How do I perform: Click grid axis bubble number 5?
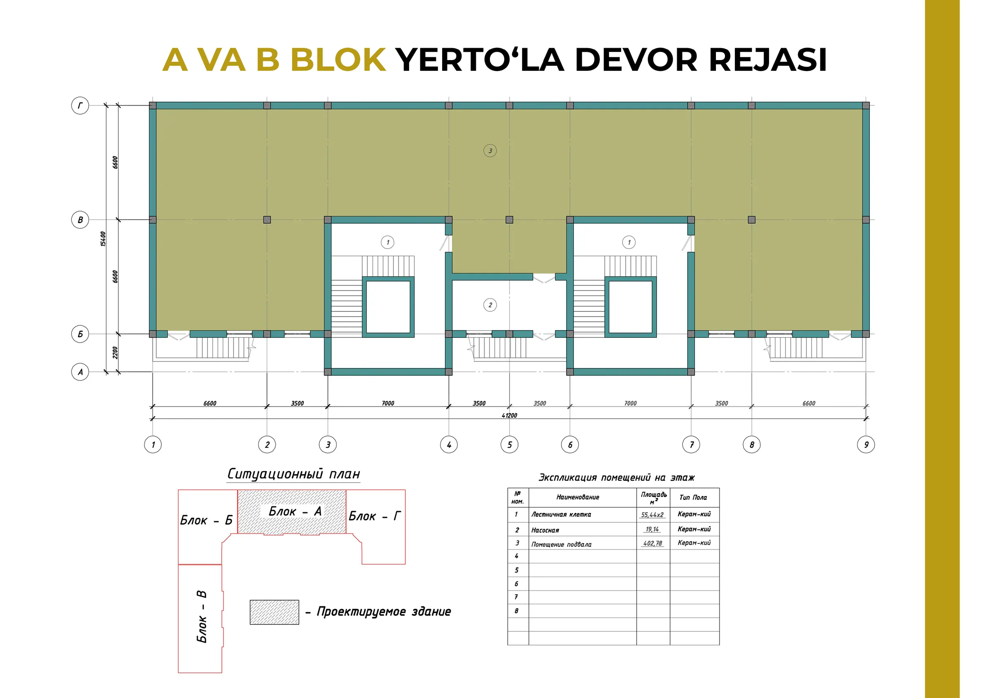point(510,444)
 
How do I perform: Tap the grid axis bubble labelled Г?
point(80,105)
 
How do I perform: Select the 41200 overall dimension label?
point(509,415)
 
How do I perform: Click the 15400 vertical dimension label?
point(103,239)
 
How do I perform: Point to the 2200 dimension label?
point(115,352)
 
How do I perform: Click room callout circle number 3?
point(490,151)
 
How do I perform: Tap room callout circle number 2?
point(490,305)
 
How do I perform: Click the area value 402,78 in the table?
point(652,543)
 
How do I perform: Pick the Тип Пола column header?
point(693,497)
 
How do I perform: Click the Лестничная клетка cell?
point(561,515)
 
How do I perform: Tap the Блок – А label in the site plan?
point(295,511)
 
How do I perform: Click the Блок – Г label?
point(375,516)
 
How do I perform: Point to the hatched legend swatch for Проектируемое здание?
point(275,612)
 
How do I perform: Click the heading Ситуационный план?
point(294,473)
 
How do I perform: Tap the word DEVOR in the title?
point(636,59)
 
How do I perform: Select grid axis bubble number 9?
point(866,444)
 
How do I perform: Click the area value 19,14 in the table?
point(652,529)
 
